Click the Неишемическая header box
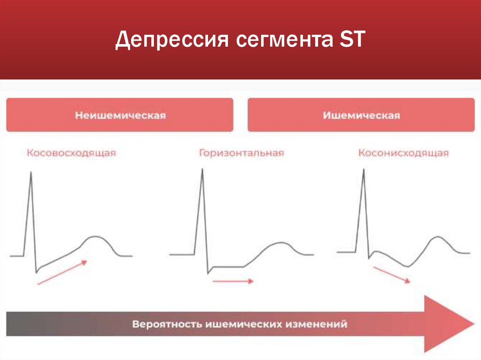click(x=120, y=115)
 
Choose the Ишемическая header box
click(x=361, y=115)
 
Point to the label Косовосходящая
click(x=71, y=153)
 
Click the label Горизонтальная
click(x=241, y=153)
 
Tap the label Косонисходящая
click(x=403, y=153)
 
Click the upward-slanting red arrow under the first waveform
click(x=62, y=273)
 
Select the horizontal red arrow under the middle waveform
click(x=233, y=281)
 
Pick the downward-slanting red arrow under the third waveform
click(x=392, y=275)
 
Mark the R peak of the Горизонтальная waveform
click(x=202, y=170)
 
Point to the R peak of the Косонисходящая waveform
click(x=364, y=170)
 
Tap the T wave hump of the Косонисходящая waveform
click(x=437, y=237)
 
